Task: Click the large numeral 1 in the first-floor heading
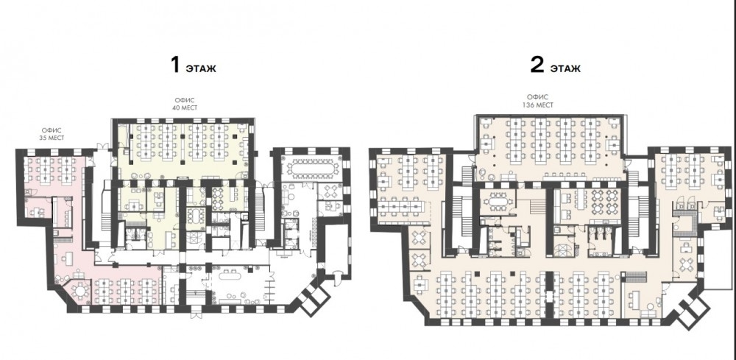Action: (x=176, y=66)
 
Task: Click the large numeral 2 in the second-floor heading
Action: (x=537, y=66)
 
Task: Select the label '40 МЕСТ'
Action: (x=185, y=107)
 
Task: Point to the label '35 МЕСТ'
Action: (x=52, y=138)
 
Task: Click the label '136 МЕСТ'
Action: (x=539, y=105)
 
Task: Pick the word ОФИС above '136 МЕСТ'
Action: (x=539, y=99)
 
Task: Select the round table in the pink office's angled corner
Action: (x=80, y=291)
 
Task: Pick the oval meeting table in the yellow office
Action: (x=194, y=216)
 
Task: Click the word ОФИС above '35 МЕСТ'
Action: (x=52, y=130)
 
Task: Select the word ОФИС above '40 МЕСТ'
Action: (x=185, y=100)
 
